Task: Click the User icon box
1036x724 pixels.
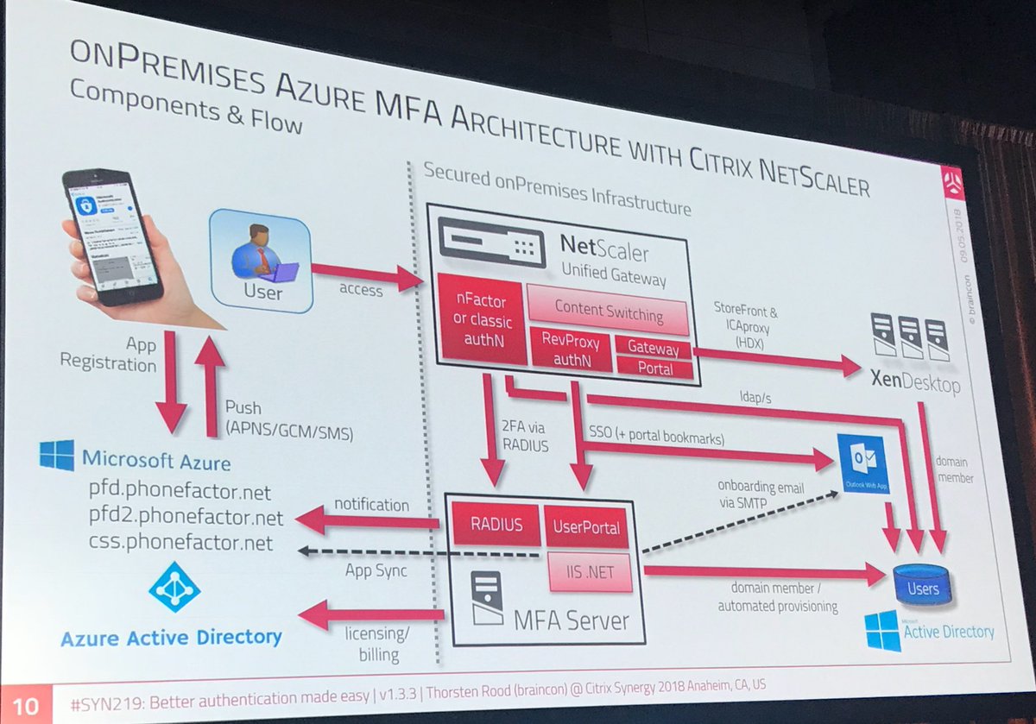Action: click(x=260, y=259)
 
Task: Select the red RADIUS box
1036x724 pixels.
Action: click(x=496, y=525)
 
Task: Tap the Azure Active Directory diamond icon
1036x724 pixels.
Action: click(x=174, y=587)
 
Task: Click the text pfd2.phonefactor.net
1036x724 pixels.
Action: click(x=186, y=518)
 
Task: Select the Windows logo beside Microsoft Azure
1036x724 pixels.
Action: click(x=57, y=456)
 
